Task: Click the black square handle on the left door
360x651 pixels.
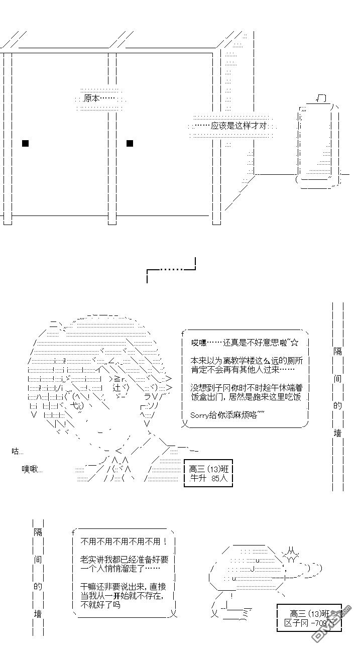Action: coord(26,143)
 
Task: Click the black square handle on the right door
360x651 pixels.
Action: coord(130,143)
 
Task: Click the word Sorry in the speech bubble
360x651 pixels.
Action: coord(200,414)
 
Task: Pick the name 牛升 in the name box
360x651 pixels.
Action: coord(196,478)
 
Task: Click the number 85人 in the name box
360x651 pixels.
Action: coord(219,478)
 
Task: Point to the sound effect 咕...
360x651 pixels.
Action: coord(17,451)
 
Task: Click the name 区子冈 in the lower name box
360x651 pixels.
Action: coord(295,623)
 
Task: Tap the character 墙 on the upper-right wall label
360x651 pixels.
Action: coord(338,432)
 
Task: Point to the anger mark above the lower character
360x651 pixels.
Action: coord(292,555)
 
